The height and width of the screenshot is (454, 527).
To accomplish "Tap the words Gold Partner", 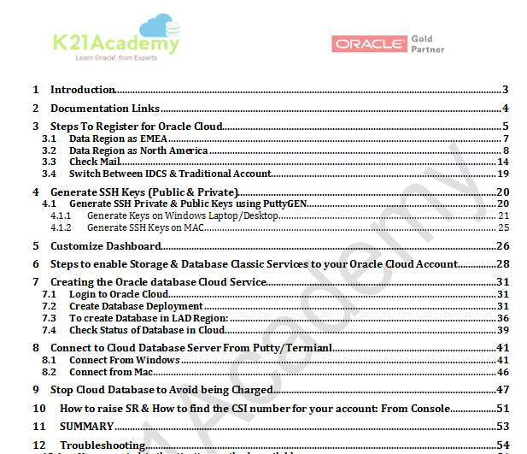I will [426, 44].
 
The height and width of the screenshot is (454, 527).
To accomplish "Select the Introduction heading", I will [83, 90].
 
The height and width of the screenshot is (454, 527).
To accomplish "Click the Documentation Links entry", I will [104, 109].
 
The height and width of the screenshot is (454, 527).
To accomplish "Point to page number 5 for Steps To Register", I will [506, 127].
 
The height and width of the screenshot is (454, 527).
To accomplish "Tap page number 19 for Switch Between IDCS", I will [503, 174].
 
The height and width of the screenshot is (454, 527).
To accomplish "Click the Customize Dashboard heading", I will [106, 246].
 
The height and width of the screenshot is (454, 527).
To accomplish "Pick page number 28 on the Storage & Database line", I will [503, 264].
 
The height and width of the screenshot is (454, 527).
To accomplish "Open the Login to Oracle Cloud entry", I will [119, 294].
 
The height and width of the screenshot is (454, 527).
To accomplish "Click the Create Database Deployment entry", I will [136, 306].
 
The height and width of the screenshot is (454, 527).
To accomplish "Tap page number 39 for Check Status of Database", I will [503, 330].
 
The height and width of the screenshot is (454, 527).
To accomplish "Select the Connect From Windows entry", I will [124, 360].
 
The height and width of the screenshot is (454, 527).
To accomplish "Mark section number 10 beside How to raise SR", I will [38, 409].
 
